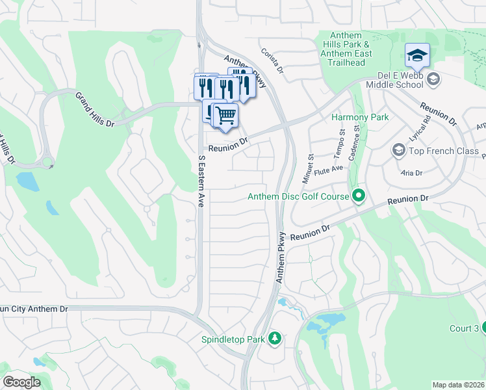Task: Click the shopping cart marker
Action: (x=225, y=116)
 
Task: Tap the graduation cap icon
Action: (x=417, y=55)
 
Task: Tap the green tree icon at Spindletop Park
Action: (x=275, y=339)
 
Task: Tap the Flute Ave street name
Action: (x=328, y=168)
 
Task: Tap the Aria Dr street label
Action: (x=411, y=173)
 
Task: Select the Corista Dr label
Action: (x=273, y=61)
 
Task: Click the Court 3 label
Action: (x=464, y=328)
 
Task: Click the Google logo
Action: (x=21, y=382)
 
